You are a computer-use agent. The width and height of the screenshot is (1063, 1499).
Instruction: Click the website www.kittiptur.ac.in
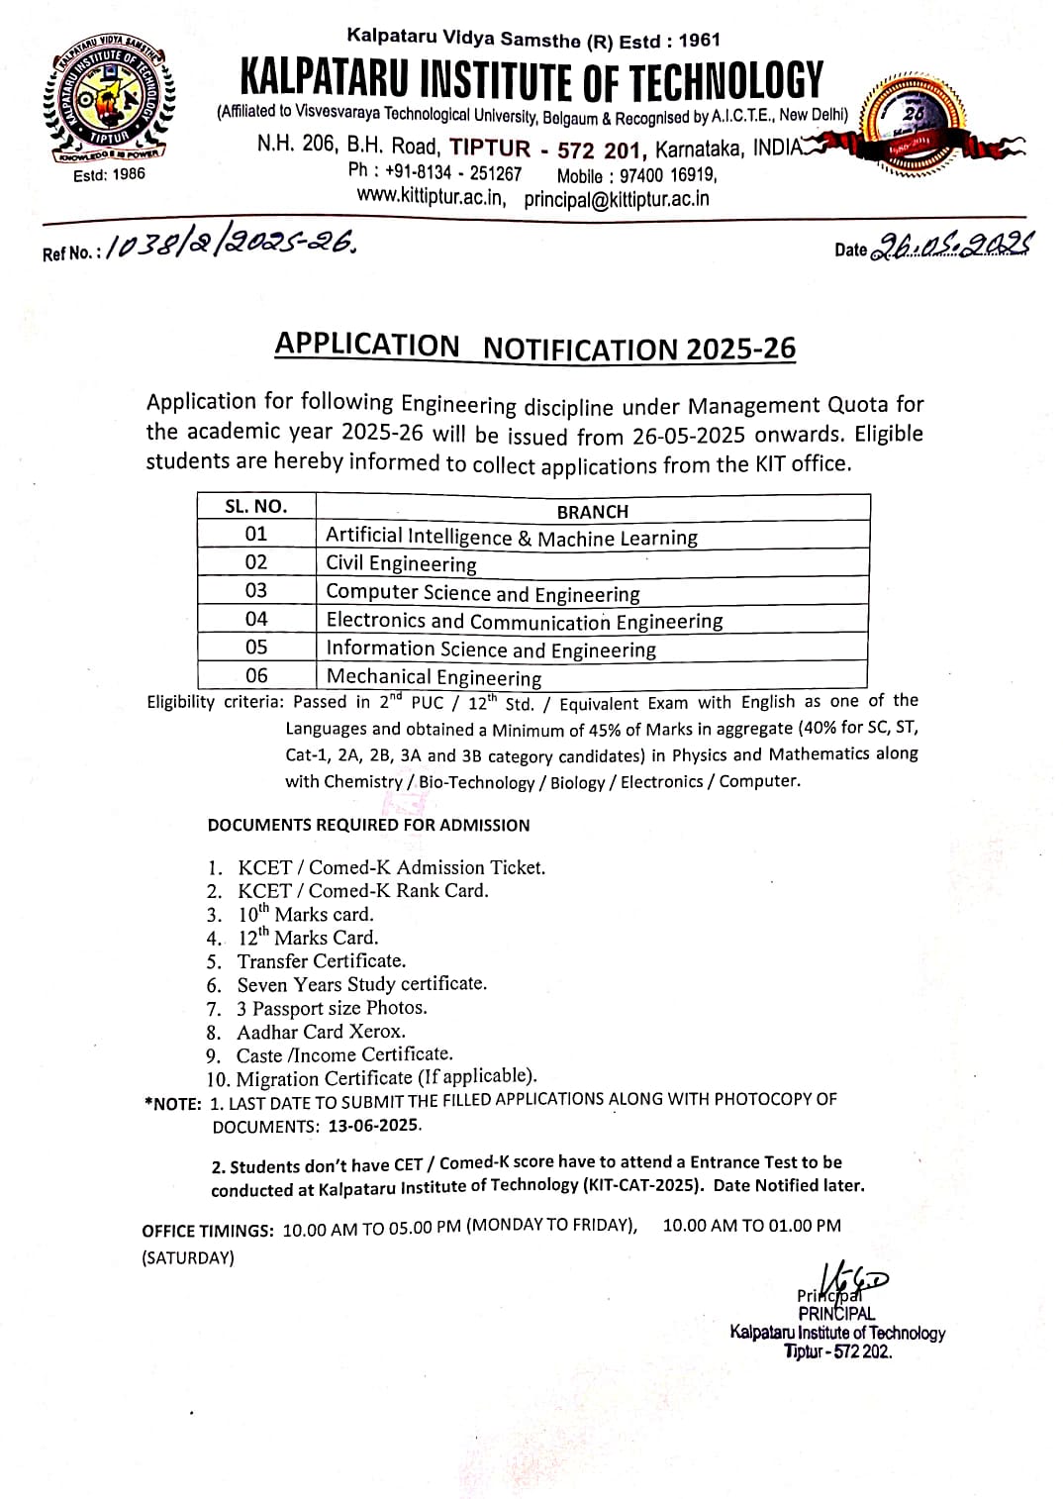(432, 197)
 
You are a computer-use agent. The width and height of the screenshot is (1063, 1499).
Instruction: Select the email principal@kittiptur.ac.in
(617, 198)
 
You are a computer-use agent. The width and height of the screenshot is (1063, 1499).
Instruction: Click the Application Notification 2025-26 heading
(534, 347)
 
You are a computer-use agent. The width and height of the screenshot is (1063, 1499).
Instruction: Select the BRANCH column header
(592, 511)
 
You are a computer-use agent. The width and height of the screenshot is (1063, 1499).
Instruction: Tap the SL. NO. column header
(255, 506)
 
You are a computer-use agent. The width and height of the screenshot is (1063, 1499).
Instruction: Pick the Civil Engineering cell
(401, 563)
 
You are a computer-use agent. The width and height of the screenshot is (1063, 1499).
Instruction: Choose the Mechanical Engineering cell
(434, 677)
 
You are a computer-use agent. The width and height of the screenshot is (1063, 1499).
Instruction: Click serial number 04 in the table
(255, 619)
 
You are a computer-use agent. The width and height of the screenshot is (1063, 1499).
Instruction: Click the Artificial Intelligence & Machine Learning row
(511, 537)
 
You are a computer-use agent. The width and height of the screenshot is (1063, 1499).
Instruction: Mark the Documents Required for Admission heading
(368, 825)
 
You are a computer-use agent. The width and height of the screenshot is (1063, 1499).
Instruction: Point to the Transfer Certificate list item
(321, 961)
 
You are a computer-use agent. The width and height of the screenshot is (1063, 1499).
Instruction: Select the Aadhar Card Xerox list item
(320, 1032)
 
